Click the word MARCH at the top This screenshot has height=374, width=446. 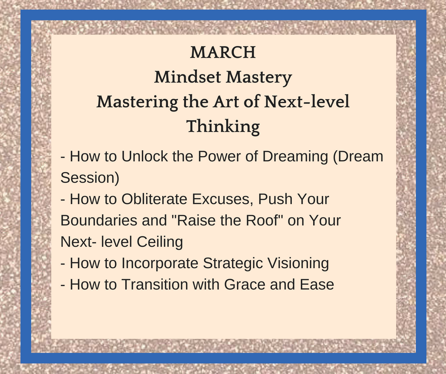(x=223, y=52)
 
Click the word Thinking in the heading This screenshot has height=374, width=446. (x=223, y=127)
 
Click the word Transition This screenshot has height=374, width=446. (x=155, y=284)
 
